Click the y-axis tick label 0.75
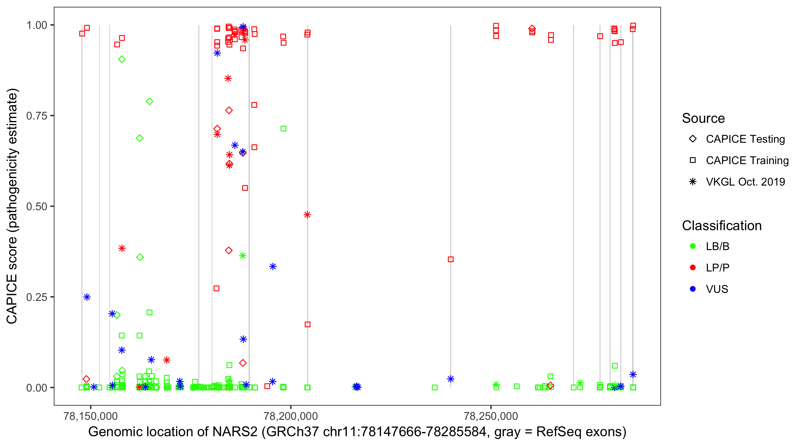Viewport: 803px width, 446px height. coord(36,116)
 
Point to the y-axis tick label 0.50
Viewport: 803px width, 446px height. coord(36,206)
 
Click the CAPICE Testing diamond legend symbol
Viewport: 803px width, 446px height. coord(693,139)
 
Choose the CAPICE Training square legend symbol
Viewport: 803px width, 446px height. coord(693,161)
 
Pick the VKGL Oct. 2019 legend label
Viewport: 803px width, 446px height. coord(745,182)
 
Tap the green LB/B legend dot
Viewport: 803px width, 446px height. coord(693,246)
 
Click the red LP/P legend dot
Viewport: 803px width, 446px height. coord(693,268)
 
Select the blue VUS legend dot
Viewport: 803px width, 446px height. coord(693,289)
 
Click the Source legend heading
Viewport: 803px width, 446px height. coord(703,118)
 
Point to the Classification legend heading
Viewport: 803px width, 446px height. coord(722,226)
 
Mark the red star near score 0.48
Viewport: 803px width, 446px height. coord(307,215)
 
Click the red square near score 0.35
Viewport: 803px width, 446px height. coord(451,259)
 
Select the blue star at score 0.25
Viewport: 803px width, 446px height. coord(87,297)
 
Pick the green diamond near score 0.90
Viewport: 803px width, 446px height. coord(122,59)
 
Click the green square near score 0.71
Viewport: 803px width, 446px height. coord(283,129)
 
